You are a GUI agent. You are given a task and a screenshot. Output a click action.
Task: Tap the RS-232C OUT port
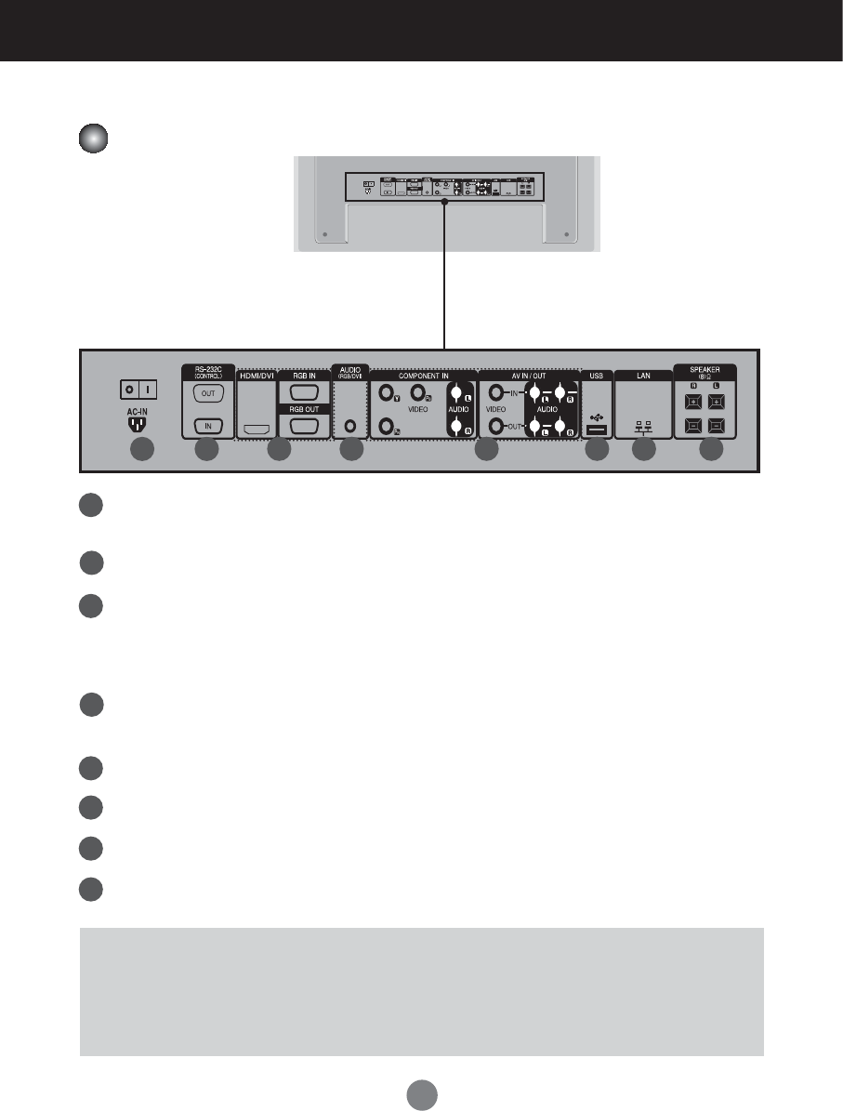pos(206,392)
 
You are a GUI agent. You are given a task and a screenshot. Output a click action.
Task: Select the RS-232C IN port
pos(206,427)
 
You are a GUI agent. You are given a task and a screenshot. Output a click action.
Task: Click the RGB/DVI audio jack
pos(350,425)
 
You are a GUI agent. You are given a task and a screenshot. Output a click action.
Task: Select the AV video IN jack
pos(498,393)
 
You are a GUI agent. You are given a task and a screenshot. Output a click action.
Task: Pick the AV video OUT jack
pos(498,427)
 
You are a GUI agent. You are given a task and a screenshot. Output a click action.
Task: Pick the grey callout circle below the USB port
pos(598,450)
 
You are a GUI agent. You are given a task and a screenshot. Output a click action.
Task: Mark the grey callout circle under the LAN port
pos(643,450)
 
